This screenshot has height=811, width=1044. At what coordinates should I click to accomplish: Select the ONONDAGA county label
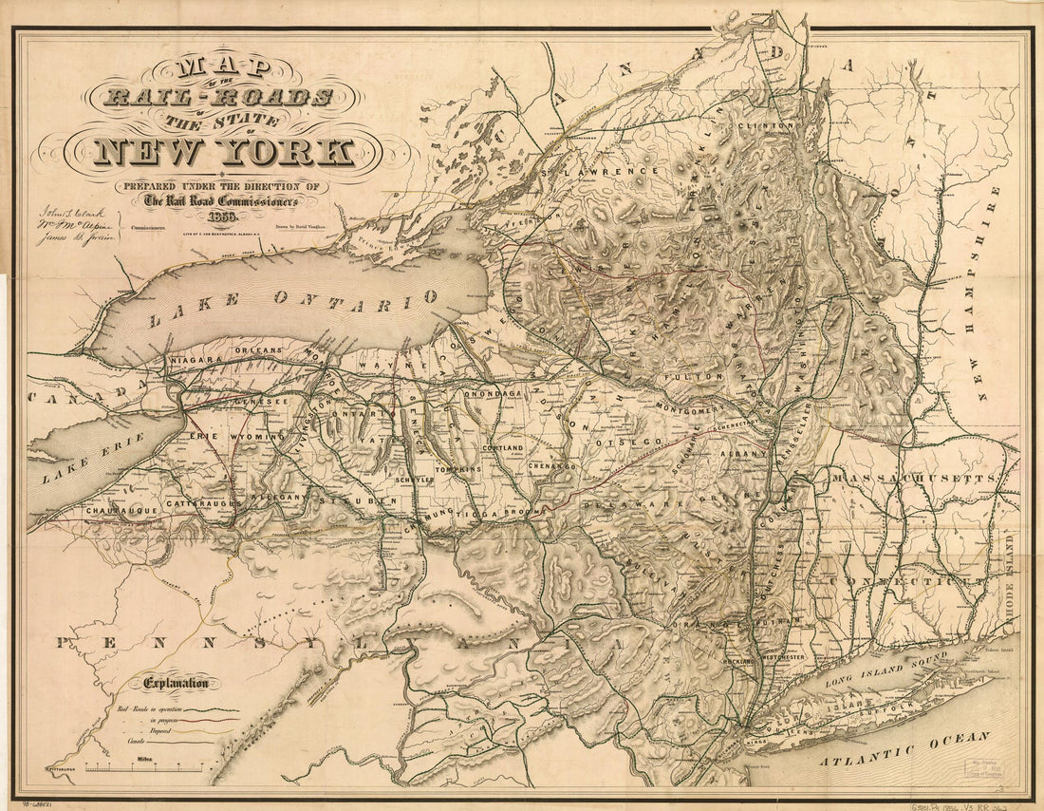point(494,393)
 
